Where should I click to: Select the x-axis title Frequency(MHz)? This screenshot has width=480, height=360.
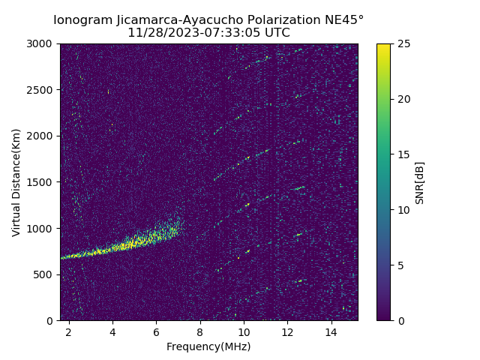click(x=208, y=346)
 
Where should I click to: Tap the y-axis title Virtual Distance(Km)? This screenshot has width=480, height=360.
click(x=16, y=182)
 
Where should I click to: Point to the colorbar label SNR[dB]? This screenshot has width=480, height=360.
click(x=420, y=182)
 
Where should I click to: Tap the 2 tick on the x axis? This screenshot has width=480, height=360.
click(x=69, y=331)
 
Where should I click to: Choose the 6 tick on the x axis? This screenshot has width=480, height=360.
click(x=156, y=331)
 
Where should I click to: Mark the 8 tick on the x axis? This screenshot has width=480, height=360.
click(x=200, y=331)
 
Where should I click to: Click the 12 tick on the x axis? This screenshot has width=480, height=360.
click(x=287, y=331)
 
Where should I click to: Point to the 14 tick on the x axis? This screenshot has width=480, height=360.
click(x=331, y=331)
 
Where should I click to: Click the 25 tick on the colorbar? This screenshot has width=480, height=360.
click(x=404, y=44)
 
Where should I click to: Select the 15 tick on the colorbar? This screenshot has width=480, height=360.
click(x=404, y=154)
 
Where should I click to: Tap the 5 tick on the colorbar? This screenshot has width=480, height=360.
click(x=402, y=265)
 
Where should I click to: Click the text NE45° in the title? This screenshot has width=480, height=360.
click(x=346, y=20)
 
